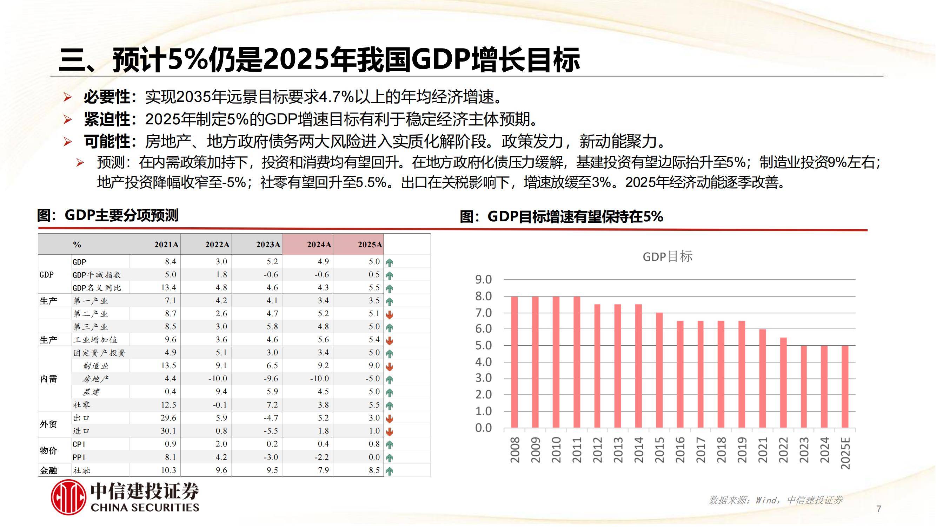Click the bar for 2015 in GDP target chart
coord(659,370)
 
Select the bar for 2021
coord(763,378)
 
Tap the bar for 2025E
coord(845,386)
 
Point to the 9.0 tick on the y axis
coord(483,279)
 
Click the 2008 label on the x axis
coord(515,450)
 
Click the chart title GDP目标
coord(668,256)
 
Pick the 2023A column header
coord(268,245)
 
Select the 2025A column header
coord(370,245)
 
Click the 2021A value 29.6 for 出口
coord(168,417)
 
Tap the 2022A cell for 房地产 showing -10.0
coord(218,379)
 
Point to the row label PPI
coord(79,457)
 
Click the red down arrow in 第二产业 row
coord(390,314)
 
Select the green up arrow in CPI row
coord(390,444)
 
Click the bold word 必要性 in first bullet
coord(107,97)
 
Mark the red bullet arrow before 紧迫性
coord(68,119)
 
